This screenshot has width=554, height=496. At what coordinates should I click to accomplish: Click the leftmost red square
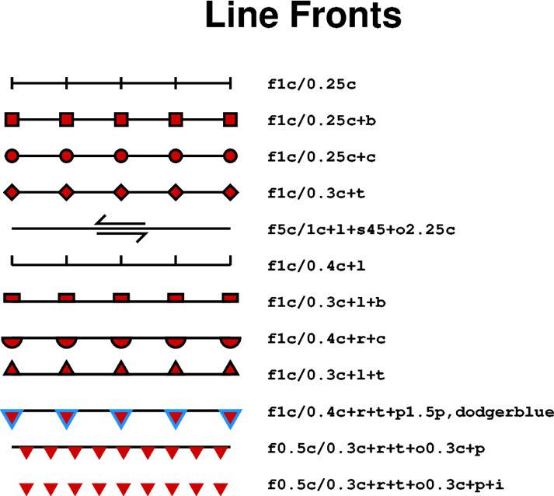click(12, 120)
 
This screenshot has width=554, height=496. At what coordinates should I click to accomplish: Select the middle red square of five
click(121, 120)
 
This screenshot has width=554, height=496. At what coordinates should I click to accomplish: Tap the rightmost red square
click(230, 120)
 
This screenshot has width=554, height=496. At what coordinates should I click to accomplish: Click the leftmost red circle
click(12, 156)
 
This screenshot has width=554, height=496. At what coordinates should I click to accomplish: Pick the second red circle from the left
click(67, 156)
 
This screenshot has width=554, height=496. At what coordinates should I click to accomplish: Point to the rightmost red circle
click(230, 156)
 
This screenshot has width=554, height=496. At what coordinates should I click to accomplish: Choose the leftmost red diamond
click(12, 192)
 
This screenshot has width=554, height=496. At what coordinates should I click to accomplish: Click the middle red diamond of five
click(121, 192)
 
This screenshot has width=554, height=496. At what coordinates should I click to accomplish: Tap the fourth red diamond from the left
click(176, 192)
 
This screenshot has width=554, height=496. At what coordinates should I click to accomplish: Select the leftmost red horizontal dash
click(12, 298)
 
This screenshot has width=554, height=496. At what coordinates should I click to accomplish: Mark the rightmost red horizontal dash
click(230, 298)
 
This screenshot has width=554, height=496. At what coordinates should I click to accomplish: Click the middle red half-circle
click(121, 342)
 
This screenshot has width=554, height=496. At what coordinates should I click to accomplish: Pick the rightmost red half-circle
click(230, 342)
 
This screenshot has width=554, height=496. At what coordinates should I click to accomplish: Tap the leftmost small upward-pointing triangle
click(12, 369)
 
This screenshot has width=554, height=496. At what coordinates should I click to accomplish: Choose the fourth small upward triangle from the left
click(176, 369)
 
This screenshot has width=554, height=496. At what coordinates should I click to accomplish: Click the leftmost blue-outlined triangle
click(12, 417)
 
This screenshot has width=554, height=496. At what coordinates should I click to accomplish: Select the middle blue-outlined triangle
click(121, 417)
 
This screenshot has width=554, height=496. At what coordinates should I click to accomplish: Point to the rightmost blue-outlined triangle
click(230, 417)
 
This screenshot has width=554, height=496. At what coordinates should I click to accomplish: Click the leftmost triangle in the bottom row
click(26, 488)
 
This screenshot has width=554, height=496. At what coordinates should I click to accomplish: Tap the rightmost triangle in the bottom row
click(221, 488)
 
